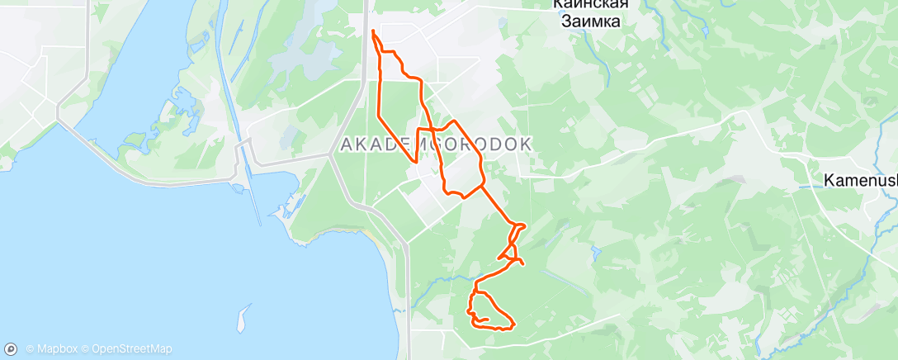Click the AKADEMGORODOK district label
(435, 144)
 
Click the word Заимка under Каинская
(586, 22)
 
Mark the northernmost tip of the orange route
(373, 31)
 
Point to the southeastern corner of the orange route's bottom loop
(514, 324)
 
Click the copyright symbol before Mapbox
(30, 349)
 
